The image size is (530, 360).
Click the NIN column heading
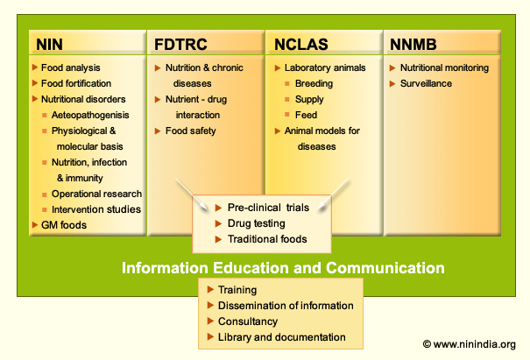[x=49, y=45]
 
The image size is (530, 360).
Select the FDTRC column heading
[x=180, y=45]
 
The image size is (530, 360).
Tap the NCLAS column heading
[x=301, y=45]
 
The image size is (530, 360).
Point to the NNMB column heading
[x=413, y=45]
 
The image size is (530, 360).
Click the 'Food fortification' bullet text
[x=76, y=83]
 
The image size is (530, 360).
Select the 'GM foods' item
[x=64, y=225]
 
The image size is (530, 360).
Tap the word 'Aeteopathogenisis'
[x=90, y=115]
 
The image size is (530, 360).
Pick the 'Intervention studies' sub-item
[x=96, y=209]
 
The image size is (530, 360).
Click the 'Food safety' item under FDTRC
[x=191, y=131]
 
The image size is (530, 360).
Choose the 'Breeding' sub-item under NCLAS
[x=314, y=83]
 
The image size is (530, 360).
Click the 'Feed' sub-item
[x=306, y=115]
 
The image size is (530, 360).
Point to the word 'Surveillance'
[x=426, y=83]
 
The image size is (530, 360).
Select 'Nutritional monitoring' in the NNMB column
[x=444, y=67]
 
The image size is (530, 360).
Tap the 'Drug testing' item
[x=257, y=223]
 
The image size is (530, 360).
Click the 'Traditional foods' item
[x=267, y=239]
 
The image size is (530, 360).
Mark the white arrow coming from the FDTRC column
[x=192, y=194]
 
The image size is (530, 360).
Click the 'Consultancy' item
[x=248, y=321]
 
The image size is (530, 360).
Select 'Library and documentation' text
[x=282, y=337]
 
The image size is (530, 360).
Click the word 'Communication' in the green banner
[x=385, y=268]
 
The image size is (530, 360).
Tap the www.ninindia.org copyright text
[x=470, y=344]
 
